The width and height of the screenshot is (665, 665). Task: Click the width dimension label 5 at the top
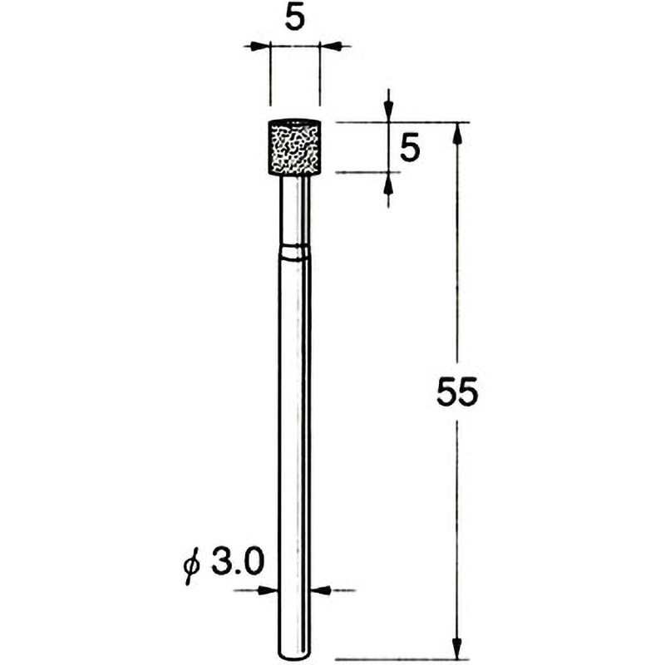[x=295, y=19]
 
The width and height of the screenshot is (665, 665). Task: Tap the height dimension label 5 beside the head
[x=410, y=147]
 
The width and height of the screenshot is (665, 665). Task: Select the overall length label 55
[x=457, y=392]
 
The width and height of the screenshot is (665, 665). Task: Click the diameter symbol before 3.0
[x=192, y=565]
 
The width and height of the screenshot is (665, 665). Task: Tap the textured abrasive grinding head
[x=294, y=147]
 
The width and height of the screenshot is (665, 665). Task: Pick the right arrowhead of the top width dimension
[x=330, y=46]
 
